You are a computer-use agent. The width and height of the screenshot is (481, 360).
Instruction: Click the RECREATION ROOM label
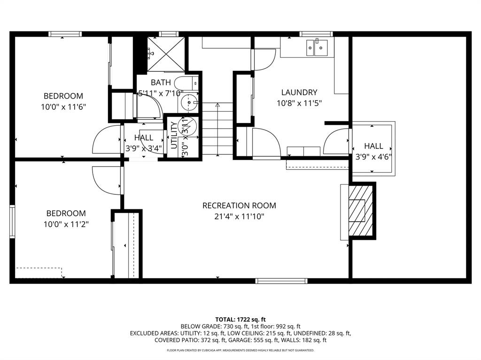(x=239, y=206)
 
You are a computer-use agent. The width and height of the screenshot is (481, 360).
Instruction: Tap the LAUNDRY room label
(x=299, y=92)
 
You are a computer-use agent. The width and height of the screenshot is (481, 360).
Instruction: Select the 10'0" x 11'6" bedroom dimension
(x=63, y=107)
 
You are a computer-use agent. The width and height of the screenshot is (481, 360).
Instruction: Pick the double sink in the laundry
(x=317, y=47)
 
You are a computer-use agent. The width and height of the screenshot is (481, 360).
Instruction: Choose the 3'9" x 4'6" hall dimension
(x=373, y=157)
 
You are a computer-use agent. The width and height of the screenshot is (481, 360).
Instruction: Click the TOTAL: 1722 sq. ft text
(x=240, y=319)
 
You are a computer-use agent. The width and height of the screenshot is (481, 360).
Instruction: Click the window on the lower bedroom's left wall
(x=12, y=222)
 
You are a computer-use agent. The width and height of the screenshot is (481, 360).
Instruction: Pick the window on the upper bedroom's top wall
(x=65, y=34)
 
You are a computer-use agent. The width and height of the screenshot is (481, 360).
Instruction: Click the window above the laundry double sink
(x=317, y=34)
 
